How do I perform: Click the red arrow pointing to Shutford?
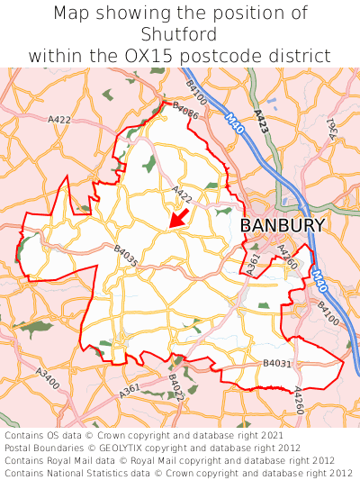[x=179, y=218]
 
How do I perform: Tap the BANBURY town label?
[x=283, y=226]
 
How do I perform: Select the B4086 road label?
[x=184, y=111]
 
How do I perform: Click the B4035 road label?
[x=126, y=257]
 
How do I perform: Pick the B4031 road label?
[x=277, y=363]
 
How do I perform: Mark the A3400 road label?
[x=48, y=378]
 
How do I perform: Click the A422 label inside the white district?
[x=182, y=194]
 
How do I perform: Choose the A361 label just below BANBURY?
[x=253, y=264]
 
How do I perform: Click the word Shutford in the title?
[x=180, y=34]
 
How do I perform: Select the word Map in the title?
[x=72, y=14]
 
